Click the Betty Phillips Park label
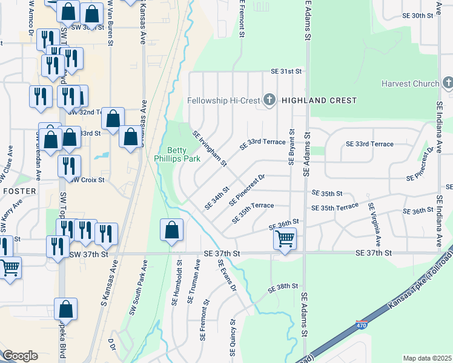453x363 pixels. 184,154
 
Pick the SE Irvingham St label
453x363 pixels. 209,148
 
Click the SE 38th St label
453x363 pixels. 285,286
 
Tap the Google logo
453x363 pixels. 20,356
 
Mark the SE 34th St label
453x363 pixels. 217,197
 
